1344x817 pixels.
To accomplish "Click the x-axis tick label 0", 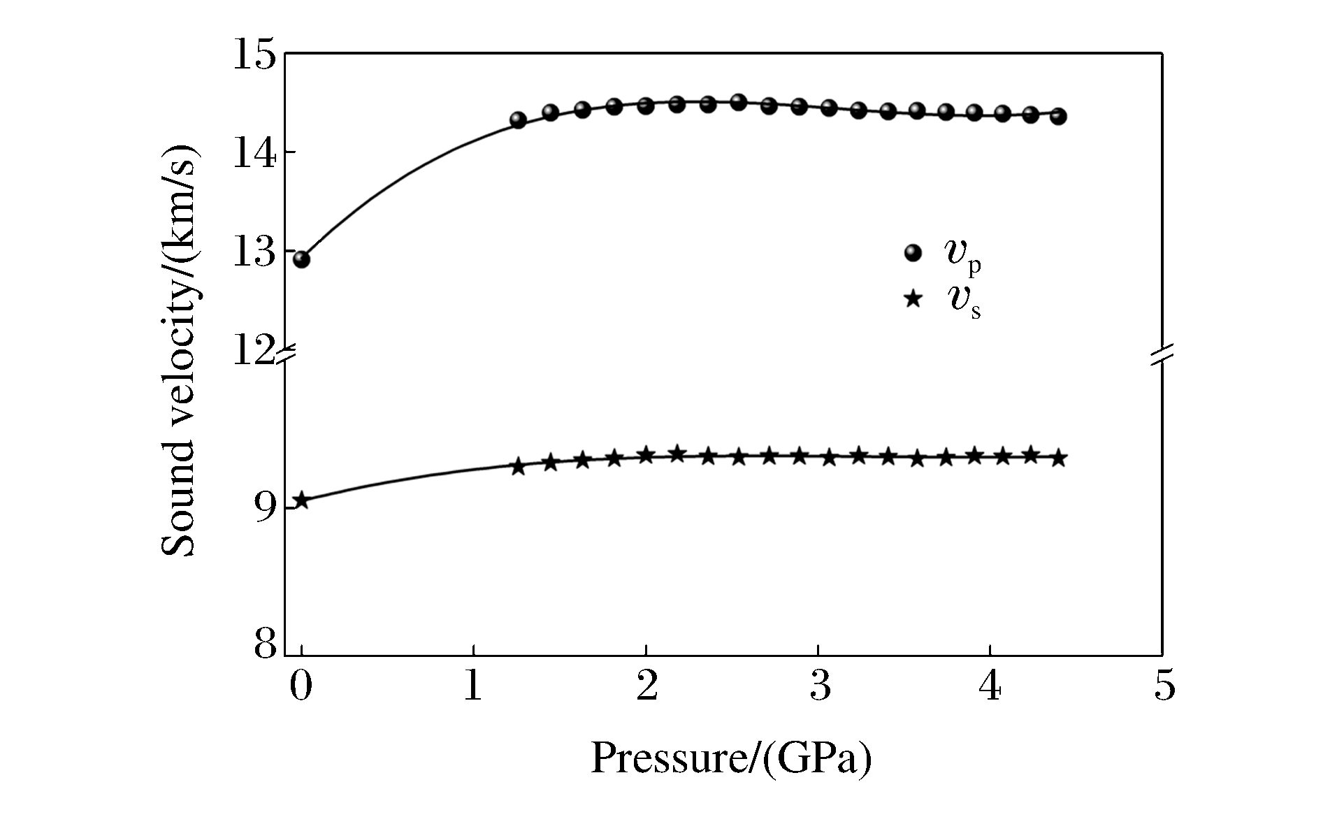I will click(x=301, y=686).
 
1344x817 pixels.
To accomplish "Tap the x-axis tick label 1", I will click(x=473, y=686).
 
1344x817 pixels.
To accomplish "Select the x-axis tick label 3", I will click(x=818, y=686).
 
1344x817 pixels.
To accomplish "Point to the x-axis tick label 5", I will click(x=1164, y=686).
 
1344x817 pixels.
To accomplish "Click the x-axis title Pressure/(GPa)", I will click(x=732, y=758).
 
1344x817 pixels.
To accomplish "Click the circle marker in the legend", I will click(x=913, y=253).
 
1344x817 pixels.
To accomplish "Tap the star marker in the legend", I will click(x=913, y=299).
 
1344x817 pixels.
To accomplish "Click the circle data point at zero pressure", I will click(x=301, y=259).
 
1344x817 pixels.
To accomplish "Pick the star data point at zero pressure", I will click(x=301, y=500).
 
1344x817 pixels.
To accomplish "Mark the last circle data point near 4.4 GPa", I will click(x=1058, y=116).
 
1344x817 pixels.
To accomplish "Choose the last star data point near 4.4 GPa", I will click(x=1058, y=458).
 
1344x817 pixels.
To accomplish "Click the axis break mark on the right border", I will click(x=1162, y=355).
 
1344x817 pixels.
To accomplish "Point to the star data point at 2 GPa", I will click(x=646, y=454).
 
